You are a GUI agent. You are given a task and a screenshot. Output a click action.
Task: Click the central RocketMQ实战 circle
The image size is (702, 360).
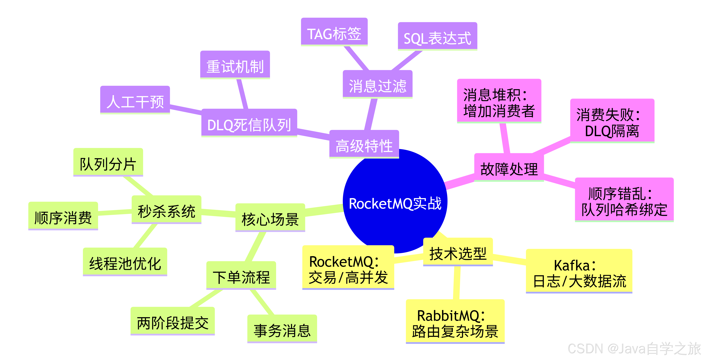(x=395, y=203)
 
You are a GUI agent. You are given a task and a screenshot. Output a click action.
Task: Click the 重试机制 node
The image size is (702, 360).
(x=235, y=65)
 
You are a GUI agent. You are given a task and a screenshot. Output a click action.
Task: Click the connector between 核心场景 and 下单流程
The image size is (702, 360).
(x=255, y=247)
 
